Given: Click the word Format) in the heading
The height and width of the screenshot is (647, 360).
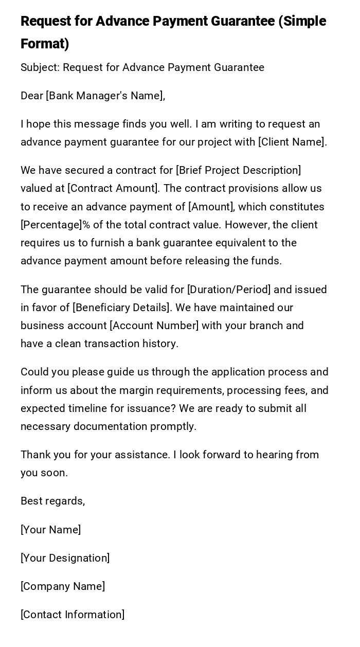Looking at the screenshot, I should pos(45,44).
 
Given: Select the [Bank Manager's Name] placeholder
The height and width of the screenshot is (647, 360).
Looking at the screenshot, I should pos(105,96).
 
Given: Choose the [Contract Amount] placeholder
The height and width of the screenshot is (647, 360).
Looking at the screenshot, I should pos(113,188).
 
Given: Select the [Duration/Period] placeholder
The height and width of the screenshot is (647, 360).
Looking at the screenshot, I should pos(229,290).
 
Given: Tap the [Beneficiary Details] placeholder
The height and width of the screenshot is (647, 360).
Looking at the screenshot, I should pos(122,308).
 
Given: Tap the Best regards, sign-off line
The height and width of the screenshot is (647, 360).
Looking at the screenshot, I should pos(52,501).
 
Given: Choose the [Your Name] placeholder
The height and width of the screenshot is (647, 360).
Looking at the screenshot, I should pos(50,530).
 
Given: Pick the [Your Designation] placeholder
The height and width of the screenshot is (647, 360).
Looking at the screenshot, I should pos(65,558).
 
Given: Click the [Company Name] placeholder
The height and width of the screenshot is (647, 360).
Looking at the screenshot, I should pos(63,586).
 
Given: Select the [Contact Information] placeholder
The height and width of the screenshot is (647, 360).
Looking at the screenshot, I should pos(73,615).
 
